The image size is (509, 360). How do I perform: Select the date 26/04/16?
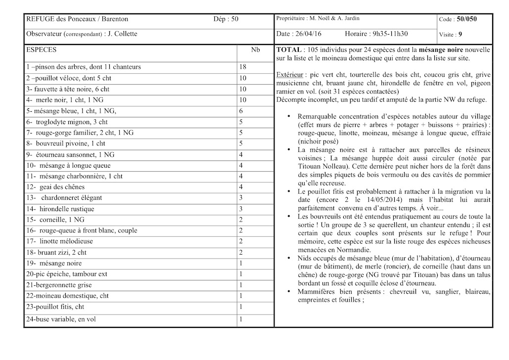click(307, 34)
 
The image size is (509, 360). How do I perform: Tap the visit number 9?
click(460, 35)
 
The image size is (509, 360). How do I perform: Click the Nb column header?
click(255, 50)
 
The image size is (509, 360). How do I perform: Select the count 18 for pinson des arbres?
click(242, 67)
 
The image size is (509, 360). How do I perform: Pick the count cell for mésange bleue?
click(241, 111)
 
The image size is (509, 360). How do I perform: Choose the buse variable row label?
click(61, 319)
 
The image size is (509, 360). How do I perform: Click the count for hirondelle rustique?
click(241, 209)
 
